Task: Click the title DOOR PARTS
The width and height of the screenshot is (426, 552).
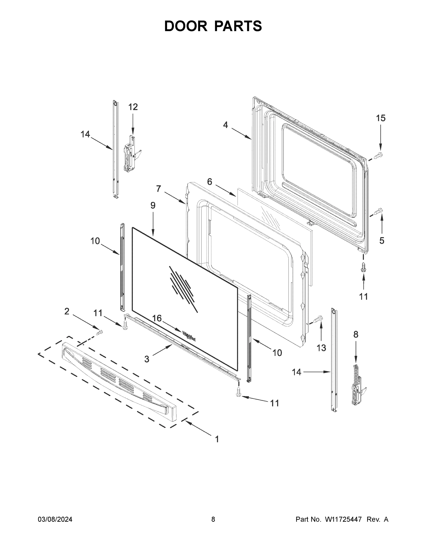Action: [x=213, y=26]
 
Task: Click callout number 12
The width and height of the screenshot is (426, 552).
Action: [x=133, y=107]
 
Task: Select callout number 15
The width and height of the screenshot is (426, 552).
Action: [x=381, y=118]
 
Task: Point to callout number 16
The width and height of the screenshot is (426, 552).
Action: [x=157, y=318]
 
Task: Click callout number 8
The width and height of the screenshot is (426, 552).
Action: [x=355, y=334]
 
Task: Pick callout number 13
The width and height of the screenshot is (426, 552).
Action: [x=321, y=348]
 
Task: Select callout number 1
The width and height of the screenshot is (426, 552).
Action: [x=217, y=439]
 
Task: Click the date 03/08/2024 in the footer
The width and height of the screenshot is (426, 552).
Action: [x=55, y=519]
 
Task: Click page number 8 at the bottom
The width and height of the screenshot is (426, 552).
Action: [x=213, y=519]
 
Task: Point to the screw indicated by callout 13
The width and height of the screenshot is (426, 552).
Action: [x=319, y=319]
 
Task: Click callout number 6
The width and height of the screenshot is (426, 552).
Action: [x=209, y=181]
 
